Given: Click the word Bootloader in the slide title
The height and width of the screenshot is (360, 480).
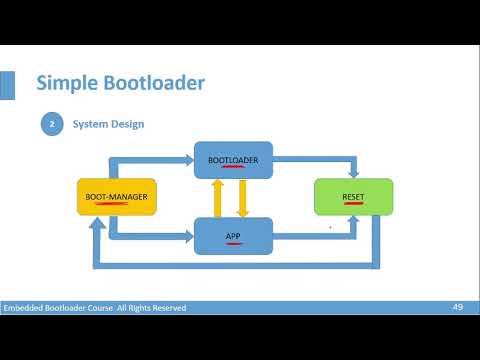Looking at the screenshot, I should (153, 82).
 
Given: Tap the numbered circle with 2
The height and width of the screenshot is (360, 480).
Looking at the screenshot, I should (51, 124).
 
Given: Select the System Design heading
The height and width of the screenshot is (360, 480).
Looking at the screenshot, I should (107, 124).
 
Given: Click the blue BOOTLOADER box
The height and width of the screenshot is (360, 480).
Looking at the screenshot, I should (232, 160).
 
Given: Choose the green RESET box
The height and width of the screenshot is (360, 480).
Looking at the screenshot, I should (353, 197).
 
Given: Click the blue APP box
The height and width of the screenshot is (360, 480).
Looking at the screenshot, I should (232, 236).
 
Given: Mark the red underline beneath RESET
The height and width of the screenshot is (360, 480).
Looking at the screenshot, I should (353, 204).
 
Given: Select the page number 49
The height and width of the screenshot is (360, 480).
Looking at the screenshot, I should (457, 306).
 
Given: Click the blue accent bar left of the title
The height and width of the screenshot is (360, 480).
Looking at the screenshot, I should (6, 84).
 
